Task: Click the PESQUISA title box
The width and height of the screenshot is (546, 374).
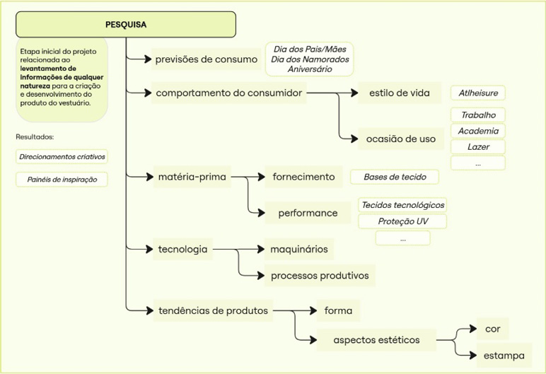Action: coord(126,24)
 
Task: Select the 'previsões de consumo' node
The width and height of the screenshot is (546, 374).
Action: coord(206,59)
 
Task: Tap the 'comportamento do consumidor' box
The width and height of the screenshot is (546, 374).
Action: coord(229,93)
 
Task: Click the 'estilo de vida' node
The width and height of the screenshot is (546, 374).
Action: coord(400,93)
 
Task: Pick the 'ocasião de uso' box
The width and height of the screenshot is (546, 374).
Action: coord(400,139)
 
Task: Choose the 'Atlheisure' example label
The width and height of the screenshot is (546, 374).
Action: coord(478,93)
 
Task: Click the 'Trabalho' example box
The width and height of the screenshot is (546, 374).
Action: coord(478,115)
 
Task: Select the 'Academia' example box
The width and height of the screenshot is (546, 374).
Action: coord(478,131)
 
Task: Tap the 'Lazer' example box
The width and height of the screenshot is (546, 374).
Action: coord(478,147)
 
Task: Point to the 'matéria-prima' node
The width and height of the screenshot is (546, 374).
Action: coord(192,177)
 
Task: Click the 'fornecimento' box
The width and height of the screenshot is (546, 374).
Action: coord(303,177)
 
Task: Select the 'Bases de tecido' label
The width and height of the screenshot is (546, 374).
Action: coord(395,177)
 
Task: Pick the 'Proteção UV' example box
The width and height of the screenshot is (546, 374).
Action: coord(402,221)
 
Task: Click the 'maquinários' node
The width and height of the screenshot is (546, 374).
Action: coord(298,249)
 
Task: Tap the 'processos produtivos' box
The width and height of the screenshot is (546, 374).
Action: coord(319,275)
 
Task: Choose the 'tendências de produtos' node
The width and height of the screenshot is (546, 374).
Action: coord(212,310)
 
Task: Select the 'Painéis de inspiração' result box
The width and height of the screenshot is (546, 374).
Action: coord(62,180)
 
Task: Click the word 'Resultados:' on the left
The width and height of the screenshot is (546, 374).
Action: coord(35,136)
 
